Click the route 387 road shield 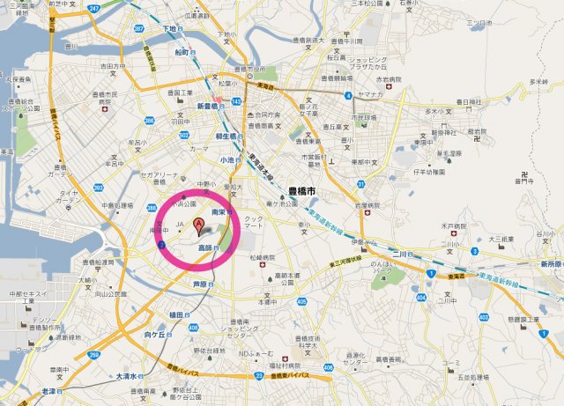pyautogui.click(x=139, y=29)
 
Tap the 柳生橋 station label pyautogui.click(x=228, y=137)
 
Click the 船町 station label pyautogui.click(x=182, y=52)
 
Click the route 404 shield pyautogui.click(x=420, y=298)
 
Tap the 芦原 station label pyautogui.click(x=201, y=284)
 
